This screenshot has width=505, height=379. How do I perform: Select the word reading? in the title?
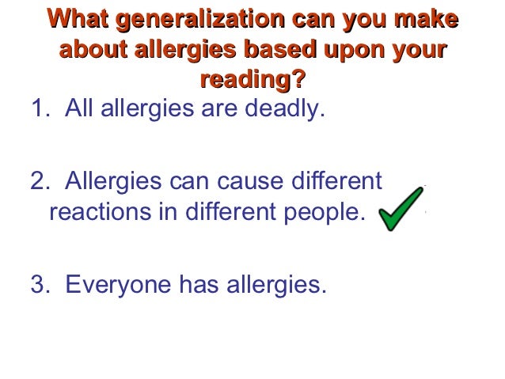(x=252, y=80)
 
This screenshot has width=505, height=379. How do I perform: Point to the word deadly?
(x=286, y=109)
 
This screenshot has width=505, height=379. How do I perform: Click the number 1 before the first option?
(x=36, y=109)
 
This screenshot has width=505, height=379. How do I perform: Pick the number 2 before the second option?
(x=37, y=182)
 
